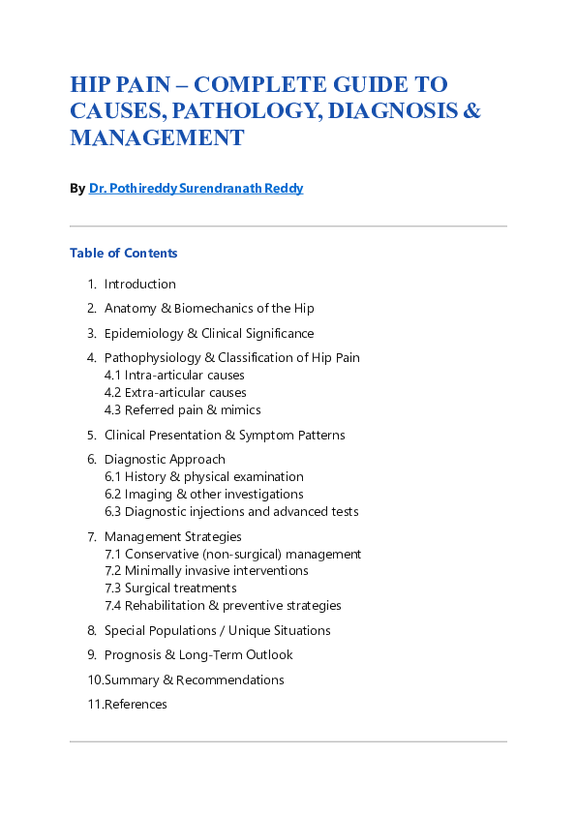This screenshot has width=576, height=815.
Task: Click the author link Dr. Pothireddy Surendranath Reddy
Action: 196,189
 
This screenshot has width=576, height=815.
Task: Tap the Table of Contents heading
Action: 124,254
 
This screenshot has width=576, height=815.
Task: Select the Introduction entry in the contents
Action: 140,285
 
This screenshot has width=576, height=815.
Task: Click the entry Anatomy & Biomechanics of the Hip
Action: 209,309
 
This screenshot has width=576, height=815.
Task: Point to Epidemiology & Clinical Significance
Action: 209,333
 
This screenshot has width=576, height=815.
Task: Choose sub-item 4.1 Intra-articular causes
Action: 174,376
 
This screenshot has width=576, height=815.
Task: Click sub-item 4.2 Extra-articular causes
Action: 175,393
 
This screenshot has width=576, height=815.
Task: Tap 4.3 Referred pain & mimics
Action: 183,410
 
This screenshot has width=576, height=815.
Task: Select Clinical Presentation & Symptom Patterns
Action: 225,436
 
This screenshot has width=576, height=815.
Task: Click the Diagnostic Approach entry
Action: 165,460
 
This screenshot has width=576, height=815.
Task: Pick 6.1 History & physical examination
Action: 204,477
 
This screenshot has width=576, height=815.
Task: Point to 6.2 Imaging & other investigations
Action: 204,495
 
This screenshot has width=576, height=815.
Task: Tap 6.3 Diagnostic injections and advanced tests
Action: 231,512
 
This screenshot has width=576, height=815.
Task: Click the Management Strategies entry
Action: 173,537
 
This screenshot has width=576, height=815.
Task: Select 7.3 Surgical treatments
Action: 170,589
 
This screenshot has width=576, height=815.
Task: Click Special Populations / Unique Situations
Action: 218,631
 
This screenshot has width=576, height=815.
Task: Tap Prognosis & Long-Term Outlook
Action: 198,655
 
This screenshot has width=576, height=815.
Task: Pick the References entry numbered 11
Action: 136,705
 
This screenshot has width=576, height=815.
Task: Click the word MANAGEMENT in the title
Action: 157,138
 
